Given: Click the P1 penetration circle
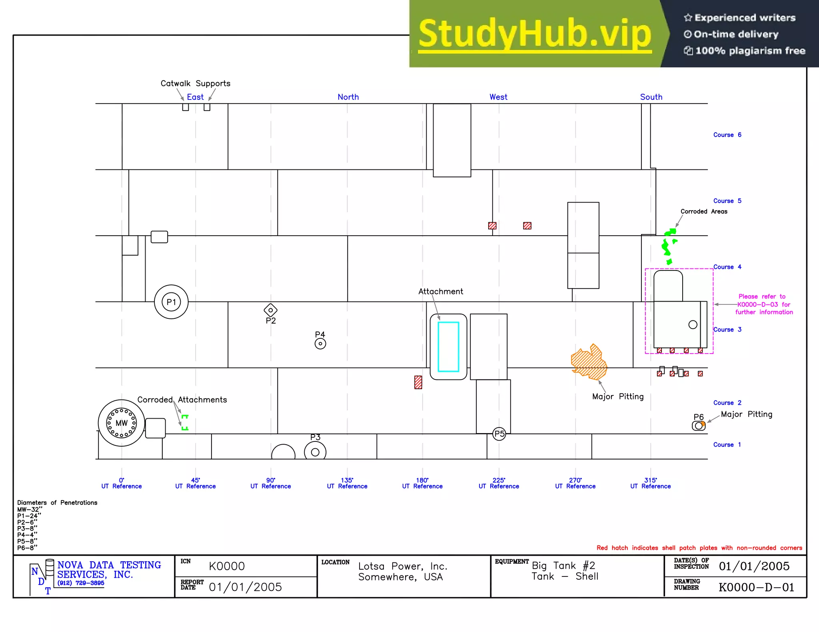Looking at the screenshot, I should (171, 302).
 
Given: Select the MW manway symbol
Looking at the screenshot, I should (122, 423).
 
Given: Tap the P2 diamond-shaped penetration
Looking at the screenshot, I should (271, 310).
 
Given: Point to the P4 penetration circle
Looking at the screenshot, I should (320, 344).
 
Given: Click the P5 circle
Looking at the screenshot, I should (499, 434).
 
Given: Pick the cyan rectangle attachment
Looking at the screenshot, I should (448, 347).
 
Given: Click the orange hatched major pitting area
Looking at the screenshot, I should (589, 363).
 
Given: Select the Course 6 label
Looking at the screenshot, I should (727, 135).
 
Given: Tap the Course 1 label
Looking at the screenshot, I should (727, 445).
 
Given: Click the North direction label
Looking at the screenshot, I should (348, 97).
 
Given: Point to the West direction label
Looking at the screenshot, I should (498, 97).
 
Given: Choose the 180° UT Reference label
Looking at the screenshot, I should (422, 483).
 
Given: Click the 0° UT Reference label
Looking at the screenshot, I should (122, 483).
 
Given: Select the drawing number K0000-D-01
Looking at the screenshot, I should (756, 587).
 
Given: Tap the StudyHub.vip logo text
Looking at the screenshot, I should (535, 34).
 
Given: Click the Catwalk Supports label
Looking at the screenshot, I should (195, 83).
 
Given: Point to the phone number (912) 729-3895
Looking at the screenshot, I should (81, 583).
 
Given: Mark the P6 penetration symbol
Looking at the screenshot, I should (698, 426).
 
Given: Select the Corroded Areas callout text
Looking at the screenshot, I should (704, 212).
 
